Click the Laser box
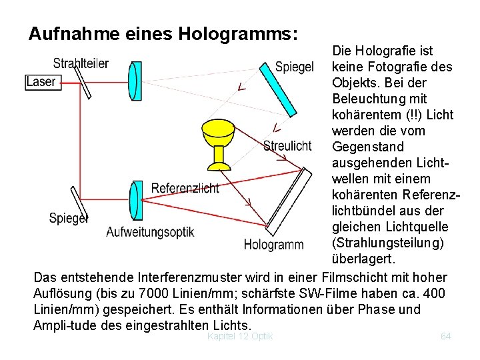point(41,82)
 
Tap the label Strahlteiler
point(81,63)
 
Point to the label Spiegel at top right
point(294,67)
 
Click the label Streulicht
point(287,146)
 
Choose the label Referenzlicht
point(185,188)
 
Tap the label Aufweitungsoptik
point(150,232)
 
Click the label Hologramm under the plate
point(273,245)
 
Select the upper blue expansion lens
point(135,80)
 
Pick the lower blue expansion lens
point(136,200)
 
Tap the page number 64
point(446,336)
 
